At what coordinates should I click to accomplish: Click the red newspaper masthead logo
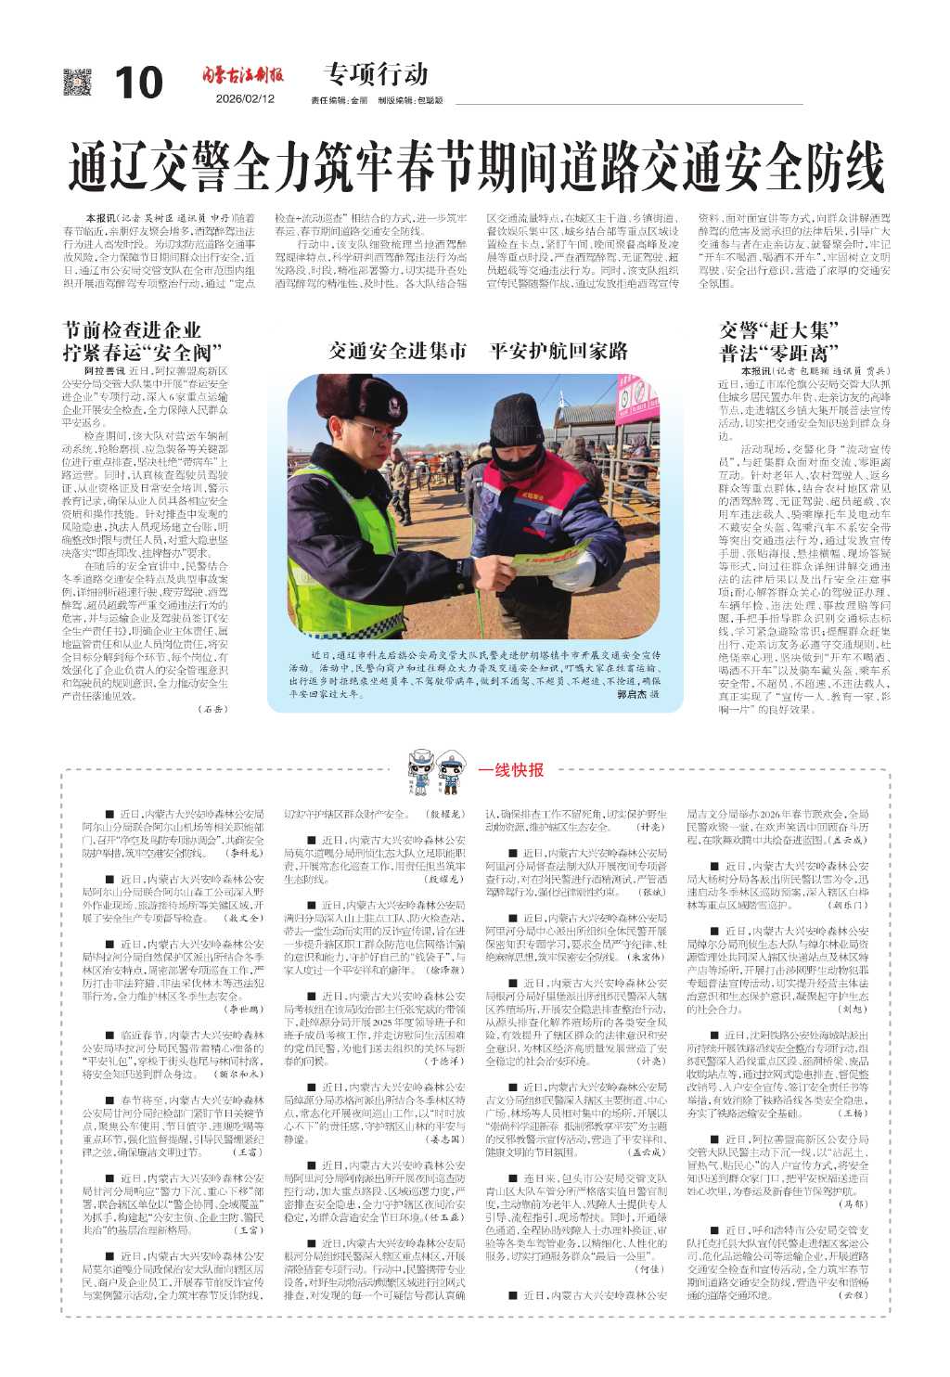pos(243,76)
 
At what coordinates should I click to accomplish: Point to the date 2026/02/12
pos(246,99)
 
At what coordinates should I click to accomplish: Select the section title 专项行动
pos(376,73)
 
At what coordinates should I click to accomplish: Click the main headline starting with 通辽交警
pos(475,167)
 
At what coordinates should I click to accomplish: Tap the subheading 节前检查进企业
pos(132,330)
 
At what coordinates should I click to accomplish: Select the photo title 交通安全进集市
pos(398,351)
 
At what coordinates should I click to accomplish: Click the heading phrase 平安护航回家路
pos(558,351)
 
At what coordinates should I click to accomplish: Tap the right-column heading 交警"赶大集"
pos(779,330)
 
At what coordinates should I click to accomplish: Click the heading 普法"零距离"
pos(779,353)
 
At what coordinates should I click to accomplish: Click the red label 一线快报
pos(511,769)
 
